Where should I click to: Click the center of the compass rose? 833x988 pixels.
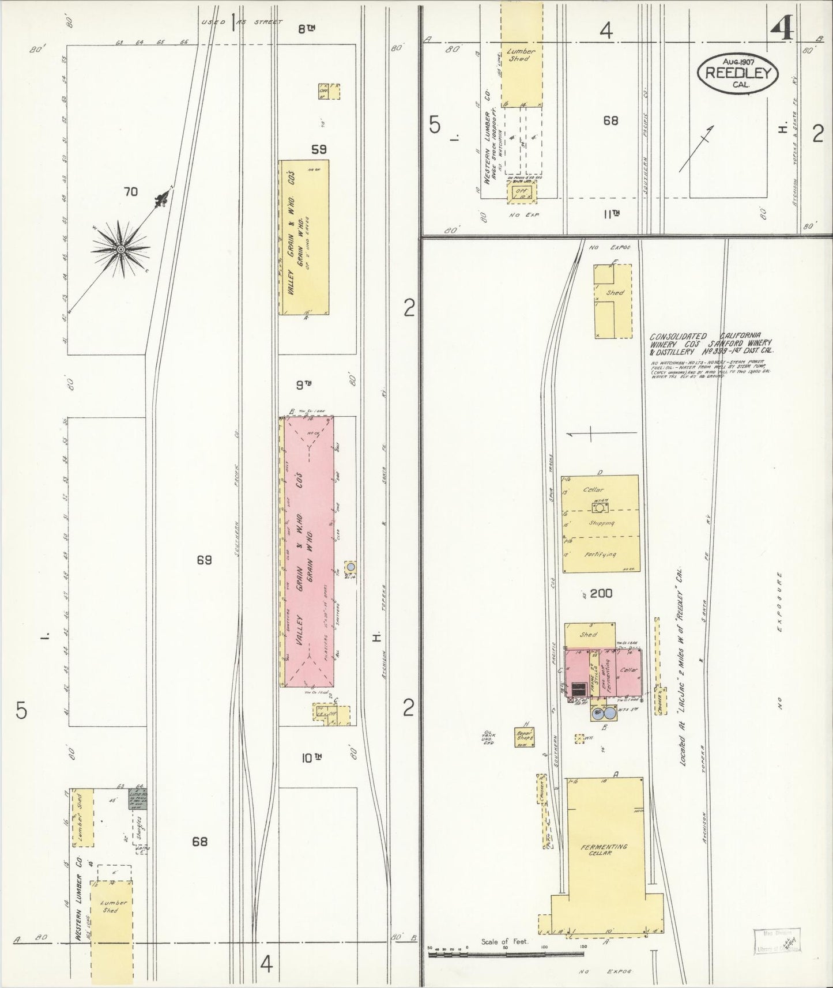pyautogui.click(x=121, y=249)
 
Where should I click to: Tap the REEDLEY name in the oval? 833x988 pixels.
pyautogui.click(x=738, y=73)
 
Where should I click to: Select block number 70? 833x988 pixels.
pyautogui.click(x=131, y=191)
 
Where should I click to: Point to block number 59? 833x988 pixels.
pyautogui.click(x=319, y=149)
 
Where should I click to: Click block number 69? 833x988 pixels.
pyautogui.click(x=204, y=559)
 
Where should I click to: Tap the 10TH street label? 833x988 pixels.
pyautogui.click(x=310, y=758)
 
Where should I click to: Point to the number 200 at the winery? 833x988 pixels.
pyautogui.click(x=601, y=593)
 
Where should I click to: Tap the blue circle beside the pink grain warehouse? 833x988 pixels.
pyautogui.click(x=350, y=567)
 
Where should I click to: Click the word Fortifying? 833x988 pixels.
pyautogui.click(x=601, y=555)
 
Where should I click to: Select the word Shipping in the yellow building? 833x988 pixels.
pyautogui.click(x=601, y=523)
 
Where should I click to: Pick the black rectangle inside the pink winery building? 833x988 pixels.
pyautogui.click(x=577, y=689)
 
